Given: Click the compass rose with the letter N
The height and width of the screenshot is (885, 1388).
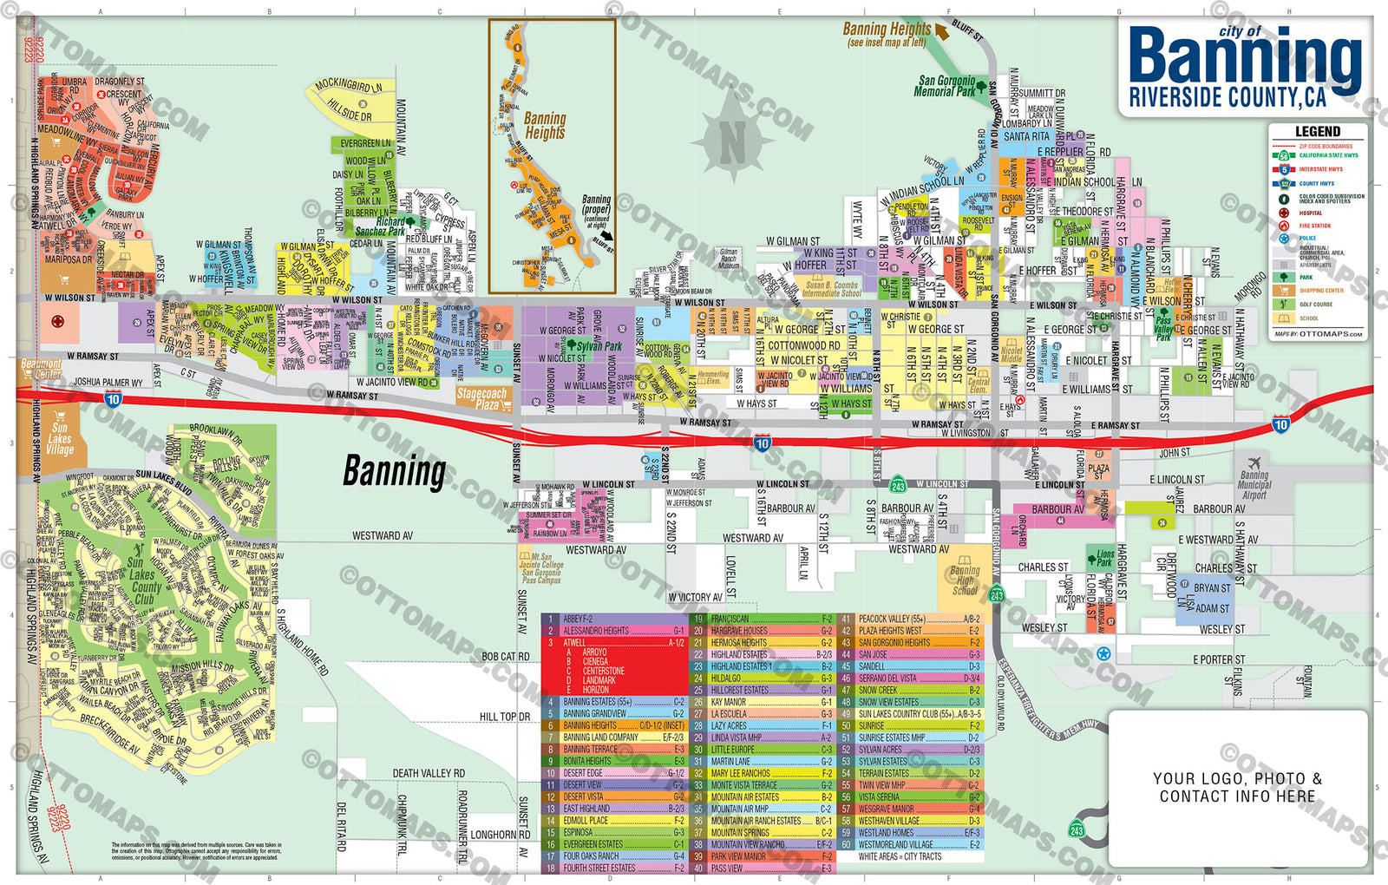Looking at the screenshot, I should coord(734,139).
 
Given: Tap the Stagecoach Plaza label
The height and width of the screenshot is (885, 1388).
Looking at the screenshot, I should coord(481,399).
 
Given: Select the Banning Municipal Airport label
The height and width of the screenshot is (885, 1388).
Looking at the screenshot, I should coord(1254,485).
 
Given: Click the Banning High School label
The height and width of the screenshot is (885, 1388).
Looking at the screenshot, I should coord(965,580).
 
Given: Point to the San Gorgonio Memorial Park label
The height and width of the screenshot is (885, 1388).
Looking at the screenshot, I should coord(945,86).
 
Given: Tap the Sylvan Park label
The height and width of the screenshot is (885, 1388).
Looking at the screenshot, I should coord(599,346).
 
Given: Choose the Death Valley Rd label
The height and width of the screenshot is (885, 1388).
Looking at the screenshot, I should coord(429,773).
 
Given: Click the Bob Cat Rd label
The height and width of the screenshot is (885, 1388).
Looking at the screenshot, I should coord(505,657).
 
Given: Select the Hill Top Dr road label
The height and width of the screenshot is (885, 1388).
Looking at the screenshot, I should coord(504,717).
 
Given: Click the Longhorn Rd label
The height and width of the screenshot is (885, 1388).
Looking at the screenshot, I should coord(500,835).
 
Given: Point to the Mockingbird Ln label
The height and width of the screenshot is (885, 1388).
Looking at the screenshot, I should coord(349,85).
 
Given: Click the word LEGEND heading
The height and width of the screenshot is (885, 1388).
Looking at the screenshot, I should coord(1317,131).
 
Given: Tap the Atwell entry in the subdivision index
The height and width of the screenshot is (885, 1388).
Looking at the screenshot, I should coord(575,643).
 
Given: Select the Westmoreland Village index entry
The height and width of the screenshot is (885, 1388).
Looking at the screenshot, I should coord(896,844).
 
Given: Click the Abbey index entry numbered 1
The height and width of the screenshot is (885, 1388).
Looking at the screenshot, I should coord(578,619).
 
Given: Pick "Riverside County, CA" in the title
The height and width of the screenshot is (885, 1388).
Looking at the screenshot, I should coord(1227,98).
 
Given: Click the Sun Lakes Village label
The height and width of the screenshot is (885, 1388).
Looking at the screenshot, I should coord(60,438).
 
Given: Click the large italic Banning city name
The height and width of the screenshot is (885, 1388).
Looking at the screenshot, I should coord(395,471).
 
